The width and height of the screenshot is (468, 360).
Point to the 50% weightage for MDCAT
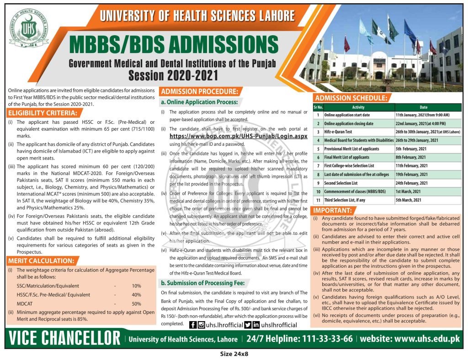136,303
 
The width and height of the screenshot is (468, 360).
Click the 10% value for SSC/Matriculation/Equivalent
136,286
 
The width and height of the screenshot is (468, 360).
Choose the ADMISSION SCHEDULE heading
350,98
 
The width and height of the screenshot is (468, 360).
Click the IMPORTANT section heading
334,211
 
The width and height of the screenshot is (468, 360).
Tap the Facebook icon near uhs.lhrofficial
193,325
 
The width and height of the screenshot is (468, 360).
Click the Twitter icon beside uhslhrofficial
248,325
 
